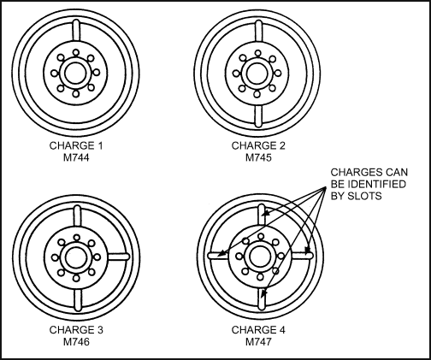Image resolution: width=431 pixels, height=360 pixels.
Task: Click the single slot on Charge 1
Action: [x=76, y=30]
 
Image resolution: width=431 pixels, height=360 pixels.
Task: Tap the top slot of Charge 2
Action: [x=258, y=31]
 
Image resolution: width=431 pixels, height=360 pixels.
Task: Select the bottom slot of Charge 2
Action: [x=258, y=116]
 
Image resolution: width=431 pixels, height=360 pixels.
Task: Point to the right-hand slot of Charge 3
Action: [x=119, y=257]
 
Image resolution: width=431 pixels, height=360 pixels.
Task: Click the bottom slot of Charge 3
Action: [x=78, y=300]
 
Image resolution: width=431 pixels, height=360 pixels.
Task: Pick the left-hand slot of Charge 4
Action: [x=219, y=256]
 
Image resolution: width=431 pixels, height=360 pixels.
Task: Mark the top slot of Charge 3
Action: [x=77, y=215]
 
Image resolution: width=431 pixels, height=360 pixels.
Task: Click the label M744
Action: [x=76, y=157]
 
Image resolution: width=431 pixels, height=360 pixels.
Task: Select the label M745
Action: [x=258, y=157]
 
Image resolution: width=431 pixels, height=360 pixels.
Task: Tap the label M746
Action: [x=76, y=342]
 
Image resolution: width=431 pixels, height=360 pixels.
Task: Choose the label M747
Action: [x=258, y=342]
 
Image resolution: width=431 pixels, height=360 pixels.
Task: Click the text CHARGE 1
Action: [x=76, y=145]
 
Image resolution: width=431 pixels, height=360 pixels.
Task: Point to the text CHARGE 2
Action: [x=258, y=145]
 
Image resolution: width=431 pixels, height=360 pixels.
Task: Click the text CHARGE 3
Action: [x=76, y=330]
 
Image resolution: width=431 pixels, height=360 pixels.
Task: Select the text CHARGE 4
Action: [x=258, y=330]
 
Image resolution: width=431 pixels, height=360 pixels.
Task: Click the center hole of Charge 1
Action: [x=75, y=74]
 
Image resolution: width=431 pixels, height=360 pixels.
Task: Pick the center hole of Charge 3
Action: [x=76, y=257]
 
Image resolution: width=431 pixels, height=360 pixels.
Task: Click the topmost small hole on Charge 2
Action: [x=258, y=53]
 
